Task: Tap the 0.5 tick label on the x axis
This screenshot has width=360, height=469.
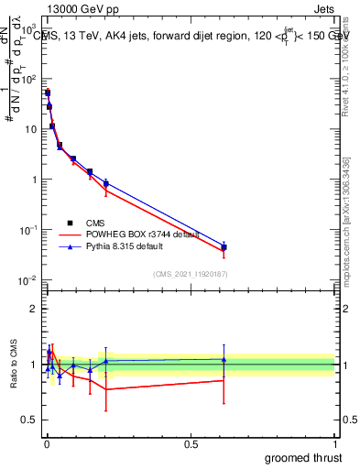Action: click(x=191, y=443)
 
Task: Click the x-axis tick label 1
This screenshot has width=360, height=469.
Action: click(x=334, y=443)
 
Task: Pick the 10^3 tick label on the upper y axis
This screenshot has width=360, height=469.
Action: click(x=29, y=29)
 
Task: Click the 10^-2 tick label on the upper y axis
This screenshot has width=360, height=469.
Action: click(x=29, y=280)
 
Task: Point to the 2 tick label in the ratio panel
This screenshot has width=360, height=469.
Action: click(x=33, y=309)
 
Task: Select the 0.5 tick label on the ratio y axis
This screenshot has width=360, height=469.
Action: click(x=27, y=420)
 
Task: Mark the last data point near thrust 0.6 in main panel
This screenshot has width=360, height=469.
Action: click(x=224, y=247)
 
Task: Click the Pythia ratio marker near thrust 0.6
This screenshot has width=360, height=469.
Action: click(x=224, y=359)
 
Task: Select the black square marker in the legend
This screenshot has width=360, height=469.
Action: click(x=71, y=223)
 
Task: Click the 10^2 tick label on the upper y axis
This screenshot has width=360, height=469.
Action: click(x=29, y=80)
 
